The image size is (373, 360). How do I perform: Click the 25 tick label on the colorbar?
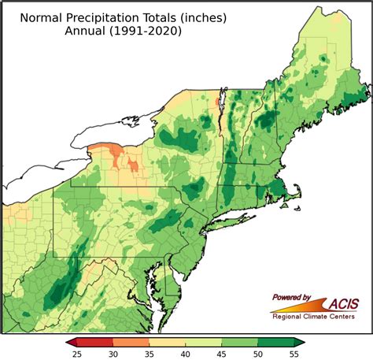[77, 354]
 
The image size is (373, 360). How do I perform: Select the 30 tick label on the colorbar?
[113, 354]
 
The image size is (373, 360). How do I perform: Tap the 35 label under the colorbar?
[150, 354]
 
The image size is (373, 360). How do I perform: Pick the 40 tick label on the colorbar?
[186, 354]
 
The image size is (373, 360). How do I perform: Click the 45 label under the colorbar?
[222, 354]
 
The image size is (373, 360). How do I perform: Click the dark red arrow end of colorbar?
[72, 342]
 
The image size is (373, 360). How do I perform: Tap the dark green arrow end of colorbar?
[300, 342]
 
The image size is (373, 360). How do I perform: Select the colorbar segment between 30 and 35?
[131, 342]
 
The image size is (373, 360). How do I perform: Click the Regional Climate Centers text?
[313, 317]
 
